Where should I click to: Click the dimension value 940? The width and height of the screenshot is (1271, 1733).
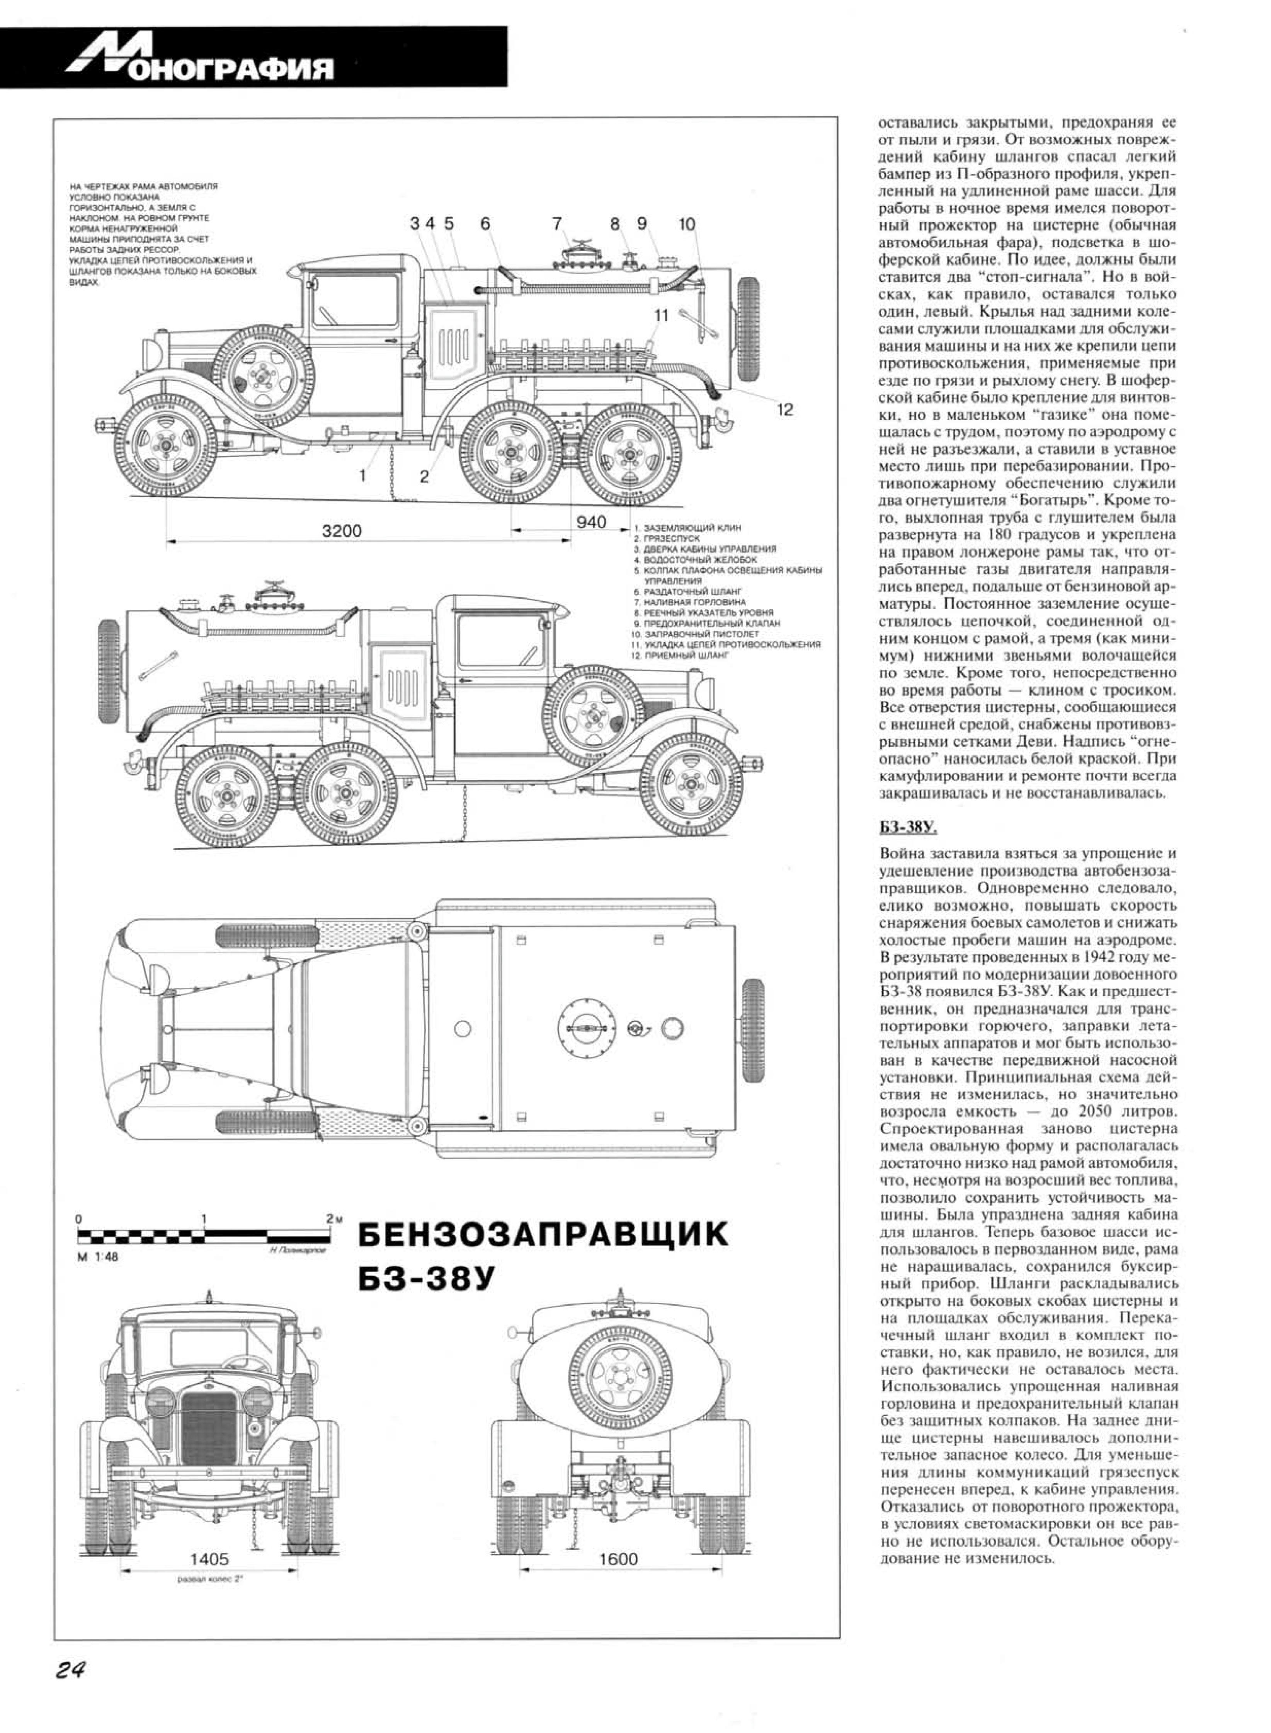coord(591,522)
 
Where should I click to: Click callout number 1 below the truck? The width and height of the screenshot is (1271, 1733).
coord(362,475)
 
